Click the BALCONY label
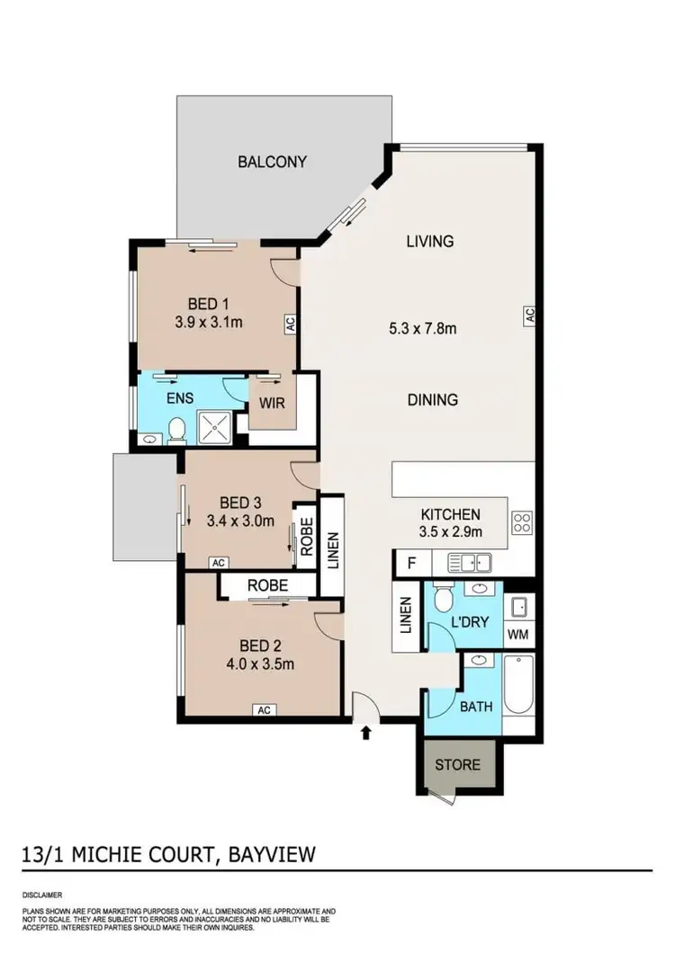pyautogui.click(x=272, y=163)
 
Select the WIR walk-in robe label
pyautogui.click(x=272, y=403)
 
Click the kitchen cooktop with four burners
pyautogui.click(x=522, y=521)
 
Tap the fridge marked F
pyautogui.click(x=412, y=565)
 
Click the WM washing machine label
pyautogui.click(x=518, y=634)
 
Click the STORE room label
pyautogui.click(x=458, y=765)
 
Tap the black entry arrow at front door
pyautogui.click(x=366, y=734)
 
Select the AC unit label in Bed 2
pyautogui.click(x=265, y=710)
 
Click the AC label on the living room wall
pyautogui.click(x=531, y=315)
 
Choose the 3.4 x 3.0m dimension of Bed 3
pyautogui.click(x=239, y=520)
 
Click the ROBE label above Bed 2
pyautogui.click(x=267, y=585)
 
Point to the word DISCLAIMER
pyautogui.click(x=45, y=895)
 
